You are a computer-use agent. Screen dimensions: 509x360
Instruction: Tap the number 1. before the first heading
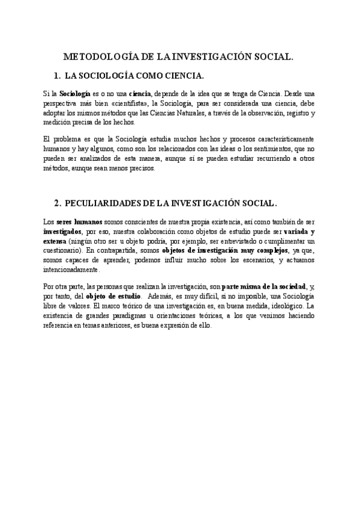point(57,76)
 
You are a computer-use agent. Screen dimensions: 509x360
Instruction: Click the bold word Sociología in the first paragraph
point(74,94)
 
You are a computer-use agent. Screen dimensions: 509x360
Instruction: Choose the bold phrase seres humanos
point(79,221)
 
